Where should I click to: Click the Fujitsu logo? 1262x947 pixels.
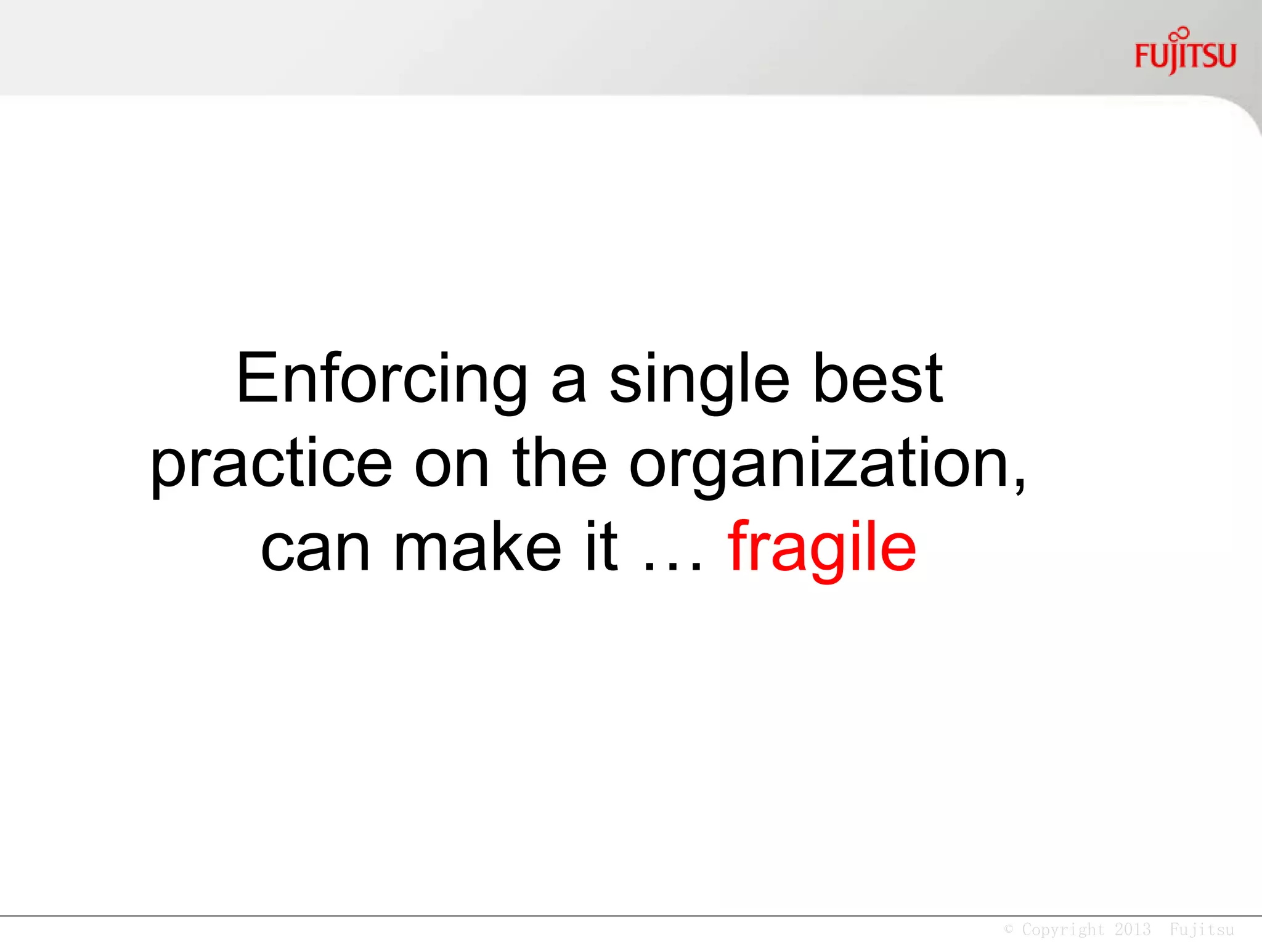pos(1185,56)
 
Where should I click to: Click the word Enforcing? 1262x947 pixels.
pos(381,379)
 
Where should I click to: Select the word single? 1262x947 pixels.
pos(699,380)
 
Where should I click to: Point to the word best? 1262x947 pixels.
pos(877,379)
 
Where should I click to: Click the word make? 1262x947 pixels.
pos(477,547)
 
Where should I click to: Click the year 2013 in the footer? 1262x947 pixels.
pos(1133,929)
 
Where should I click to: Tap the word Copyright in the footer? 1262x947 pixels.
pos(1063,929)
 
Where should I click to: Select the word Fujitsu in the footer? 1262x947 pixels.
pos(1202,929)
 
